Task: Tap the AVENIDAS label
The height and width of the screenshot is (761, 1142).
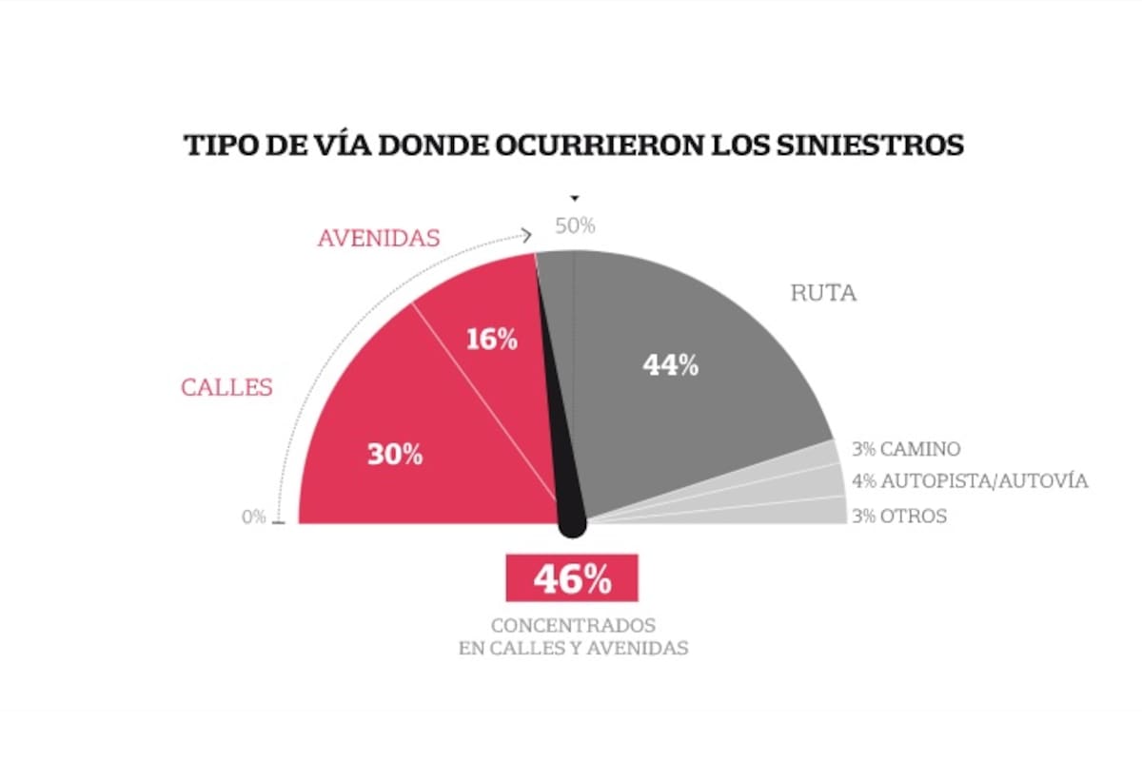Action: [378, 238]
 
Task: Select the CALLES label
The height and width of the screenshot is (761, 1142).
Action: [226, 388]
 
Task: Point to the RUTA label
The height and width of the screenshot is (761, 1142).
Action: [823, 293]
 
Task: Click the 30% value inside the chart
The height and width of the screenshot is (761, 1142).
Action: [395, 455]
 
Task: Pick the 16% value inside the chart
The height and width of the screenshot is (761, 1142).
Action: [491, 340]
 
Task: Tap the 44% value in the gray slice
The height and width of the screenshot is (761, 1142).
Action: [670, 365]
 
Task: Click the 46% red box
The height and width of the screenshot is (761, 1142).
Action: [571, 578]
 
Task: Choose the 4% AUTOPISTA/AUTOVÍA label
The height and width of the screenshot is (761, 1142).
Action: [970, 481]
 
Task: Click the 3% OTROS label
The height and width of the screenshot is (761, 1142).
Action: [899, 517]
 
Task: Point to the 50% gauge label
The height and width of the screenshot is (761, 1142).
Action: [574, 226]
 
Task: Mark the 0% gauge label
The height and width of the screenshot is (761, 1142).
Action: [253, 517]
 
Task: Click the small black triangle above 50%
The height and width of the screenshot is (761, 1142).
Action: [574, 199]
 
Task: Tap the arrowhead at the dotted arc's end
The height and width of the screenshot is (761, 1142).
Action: [526, 234]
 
